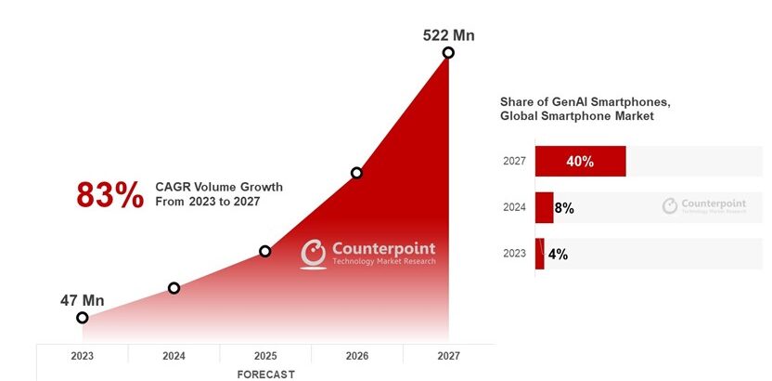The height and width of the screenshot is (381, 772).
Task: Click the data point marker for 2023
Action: pos(83,318)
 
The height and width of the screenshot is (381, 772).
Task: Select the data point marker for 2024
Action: pos(174,288)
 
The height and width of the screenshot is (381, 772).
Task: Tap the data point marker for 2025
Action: pos(265,251)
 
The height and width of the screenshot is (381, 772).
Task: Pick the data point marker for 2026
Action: pos(356,173)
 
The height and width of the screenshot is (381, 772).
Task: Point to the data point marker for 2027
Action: pos(448,53)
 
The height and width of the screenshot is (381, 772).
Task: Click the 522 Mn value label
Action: pos(449,35)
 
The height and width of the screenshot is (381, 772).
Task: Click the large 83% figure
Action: pos(109,195)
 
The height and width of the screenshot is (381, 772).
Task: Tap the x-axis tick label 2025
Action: pos(265,356)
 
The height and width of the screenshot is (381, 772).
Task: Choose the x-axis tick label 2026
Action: pos(356,356)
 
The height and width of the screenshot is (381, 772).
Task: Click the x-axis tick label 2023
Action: pos(83,356)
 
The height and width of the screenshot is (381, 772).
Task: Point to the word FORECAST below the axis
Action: pos(265,374)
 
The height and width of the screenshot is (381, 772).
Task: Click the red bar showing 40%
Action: pos(580,161)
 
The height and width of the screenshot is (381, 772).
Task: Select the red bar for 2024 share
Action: pos(544,208)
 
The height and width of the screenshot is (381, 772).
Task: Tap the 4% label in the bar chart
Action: pos(558,254)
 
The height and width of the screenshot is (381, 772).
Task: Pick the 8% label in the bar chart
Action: pos(563,208)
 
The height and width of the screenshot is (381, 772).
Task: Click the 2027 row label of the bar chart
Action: pos(515,161)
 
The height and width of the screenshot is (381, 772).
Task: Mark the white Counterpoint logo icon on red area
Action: pos(314,254)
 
